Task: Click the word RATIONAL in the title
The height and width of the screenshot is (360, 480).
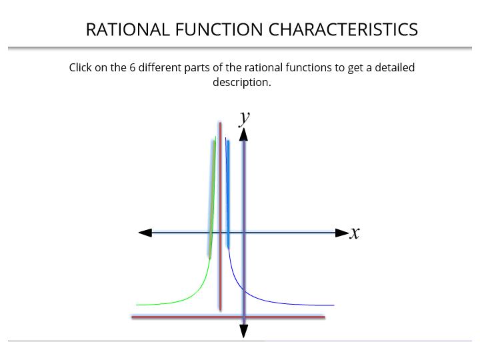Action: tap(127, 30)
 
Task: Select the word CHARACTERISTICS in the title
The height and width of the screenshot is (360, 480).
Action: tap(343, 30)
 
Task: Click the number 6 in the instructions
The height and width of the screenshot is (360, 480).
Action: tap(132, 67)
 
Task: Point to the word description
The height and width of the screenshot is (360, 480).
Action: tap(242, 83)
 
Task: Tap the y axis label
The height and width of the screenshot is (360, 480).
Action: tap(244, 118)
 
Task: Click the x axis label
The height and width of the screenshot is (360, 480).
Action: tap(355, 233)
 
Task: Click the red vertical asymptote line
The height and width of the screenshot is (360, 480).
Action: tap(221, 217)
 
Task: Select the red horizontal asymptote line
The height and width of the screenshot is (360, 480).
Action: tap(229, 317)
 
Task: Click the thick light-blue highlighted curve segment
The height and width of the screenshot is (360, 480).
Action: tap(228, 193)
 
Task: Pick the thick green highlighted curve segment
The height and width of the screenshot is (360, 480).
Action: tap(212, 199)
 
